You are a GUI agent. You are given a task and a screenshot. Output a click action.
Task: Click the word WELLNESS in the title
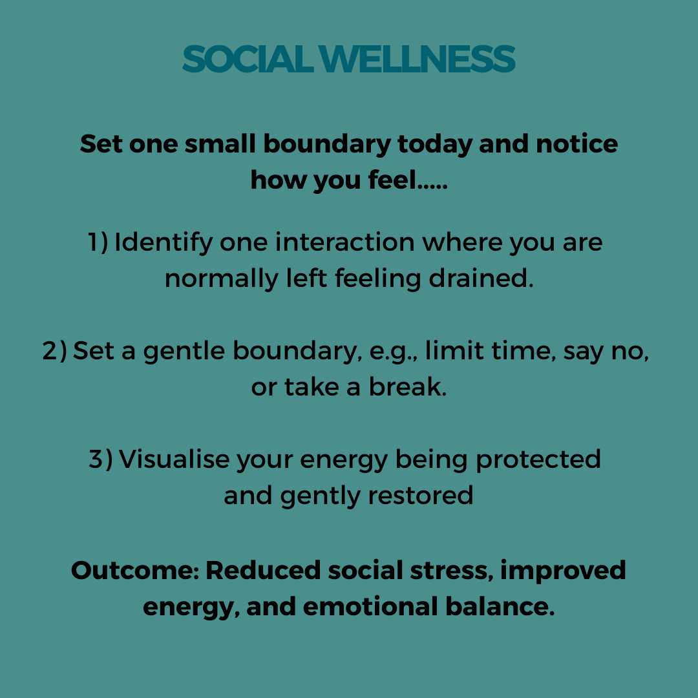point(417,59)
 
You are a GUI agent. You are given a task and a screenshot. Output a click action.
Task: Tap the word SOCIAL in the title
point(248,59)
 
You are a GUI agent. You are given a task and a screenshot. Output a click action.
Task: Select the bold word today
point(434,145)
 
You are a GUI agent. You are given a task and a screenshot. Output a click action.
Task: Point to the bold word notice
point(576,143)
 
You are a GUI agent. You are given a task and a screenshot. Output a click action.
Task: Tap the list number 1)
point(98,242)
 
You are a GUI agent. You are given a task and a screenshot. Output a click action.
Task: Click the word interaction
point(345,242)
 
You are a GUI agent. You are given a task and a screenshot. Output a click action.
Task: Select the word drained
point(481,279)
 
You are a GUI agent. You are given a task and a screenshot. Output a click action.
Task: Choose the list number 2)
point(55,351)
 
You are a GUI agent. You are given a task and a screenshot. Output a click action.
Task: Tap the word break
point(407,386)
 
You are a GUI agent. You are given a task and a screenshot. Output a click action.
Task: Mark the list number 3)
point(101,459)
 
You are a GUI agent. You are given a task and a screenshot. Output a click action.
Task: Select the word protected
point(538,460)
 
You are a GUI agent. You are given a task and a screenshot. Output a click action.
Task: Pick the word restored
point(420,496)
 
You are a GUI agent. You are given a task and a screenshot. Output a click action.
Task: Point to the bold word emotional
point(370,607)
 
